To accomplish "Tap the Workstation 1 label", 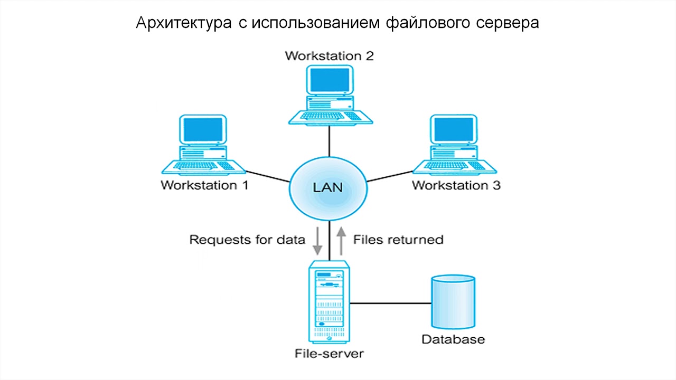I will tap(204, 185).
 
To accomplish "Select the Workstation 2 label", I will tap(329, 55).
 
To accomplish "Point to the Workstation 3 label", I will tap(456, 185).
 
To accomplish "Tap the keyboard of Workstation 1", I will tap(203, 166).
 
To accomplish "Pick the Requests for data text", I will tap(247, 240).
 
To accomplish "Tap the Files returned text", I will tap(398, 240).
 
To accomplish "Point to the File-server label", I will tap(329, 353).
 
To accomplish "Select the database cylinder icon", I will tap(453, 302).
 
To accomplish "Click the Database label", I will tap(453, 339).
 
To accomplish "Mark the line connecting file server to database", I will tap(391, 303).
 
